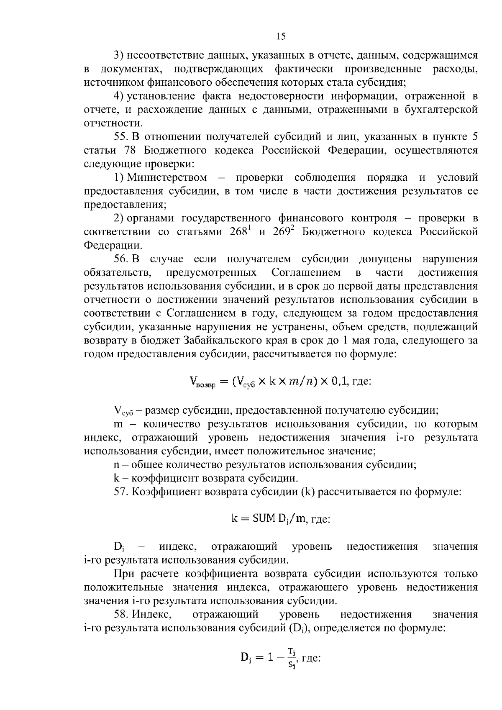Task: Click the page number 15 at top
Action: point(281,36)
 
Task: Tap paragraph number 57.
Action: point(121,492)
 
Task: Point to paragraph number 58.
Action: point(121,614)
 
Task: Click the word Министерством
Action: point(167,177)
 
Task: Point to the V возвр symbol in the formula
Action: point(202,382)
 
